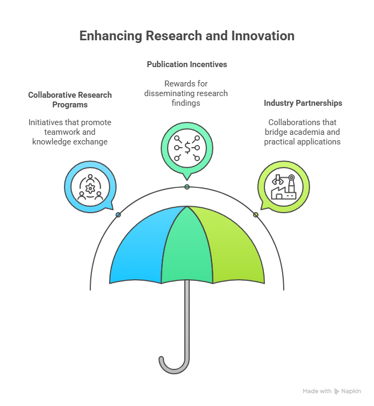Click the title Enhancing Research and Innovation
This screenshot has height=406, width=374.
coord(187,36)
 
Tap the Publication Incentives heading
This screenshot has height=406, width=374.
coord(187,64)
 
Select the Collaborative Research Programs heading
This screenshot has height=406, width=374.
coord(70,100)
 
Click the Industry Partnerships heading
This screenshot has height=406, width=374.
coord(303,103)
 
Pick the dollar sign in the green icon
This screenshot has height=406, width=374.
coord(187,148)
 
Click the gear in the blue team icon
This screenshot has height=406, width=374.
coord(90,189)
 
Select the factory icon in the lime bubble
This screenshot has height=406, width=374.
coord(284,187)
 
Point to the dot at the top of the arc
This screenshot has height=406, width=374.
coord(187,187)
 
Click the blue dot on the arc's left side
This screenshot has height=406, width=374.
coord(118,215)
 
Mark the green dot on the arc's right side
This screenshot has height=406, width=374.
coord(256,215)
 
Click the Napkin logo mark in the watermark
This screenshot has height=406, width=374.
coord(336,392)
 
